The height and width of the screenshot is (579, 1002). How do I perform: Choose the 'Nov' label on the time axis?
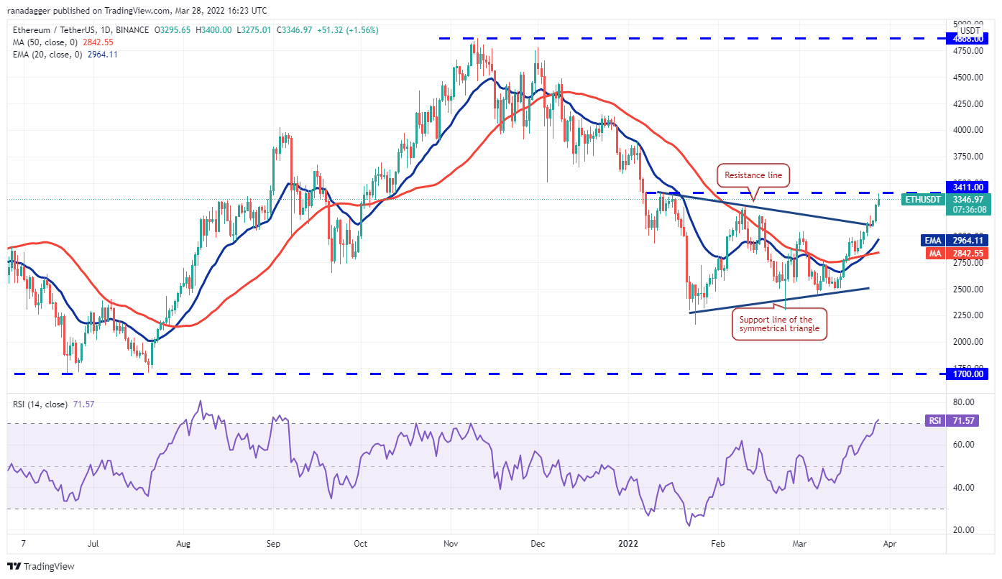[451, 544]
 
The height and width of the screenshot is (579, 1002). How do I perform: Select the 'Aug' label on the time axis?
[184, 544]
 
